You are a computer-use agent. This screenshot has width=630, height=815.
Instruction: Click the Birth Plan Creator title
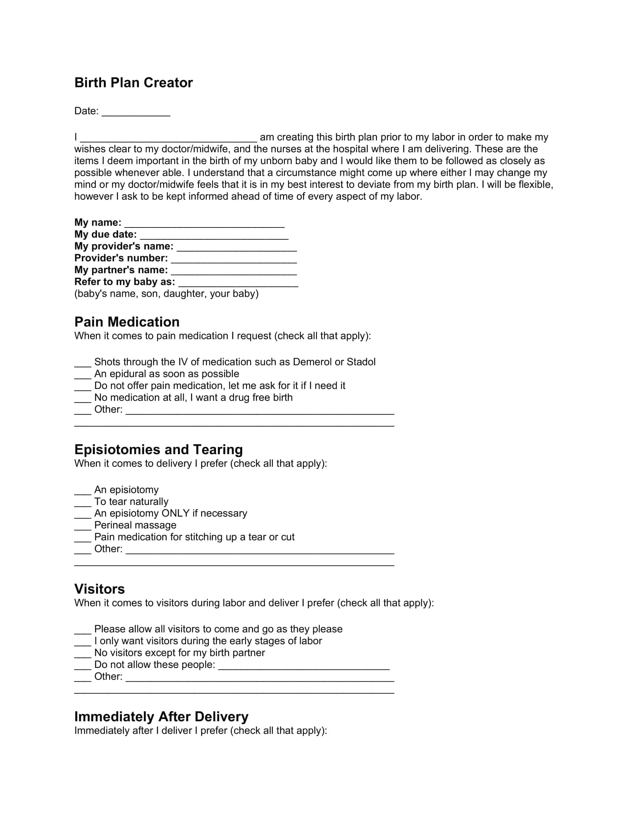(133, 83)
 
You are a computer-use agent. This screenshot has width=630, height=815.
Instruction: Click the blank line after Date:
(136, 112)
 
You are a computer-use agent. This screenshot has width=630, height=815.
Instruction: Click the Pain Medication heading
(127, 322)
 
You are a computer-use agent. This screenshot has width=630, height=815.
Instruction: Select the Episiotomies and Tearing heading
(158, 449)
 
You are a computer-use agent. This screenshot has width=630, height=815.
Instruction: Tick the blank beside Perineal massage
(83, 526)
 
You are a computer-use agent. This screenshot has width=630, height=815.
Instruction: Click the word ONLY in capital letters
(175, 513)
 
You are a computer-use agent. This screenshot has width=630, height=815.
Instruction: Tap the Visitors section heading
(99, 589)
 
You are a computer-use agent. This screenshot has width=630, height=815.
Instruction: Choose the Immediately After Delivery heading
(161, 716)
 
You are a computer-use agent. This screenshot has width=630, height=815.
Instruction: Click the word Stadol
(361, 362)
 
